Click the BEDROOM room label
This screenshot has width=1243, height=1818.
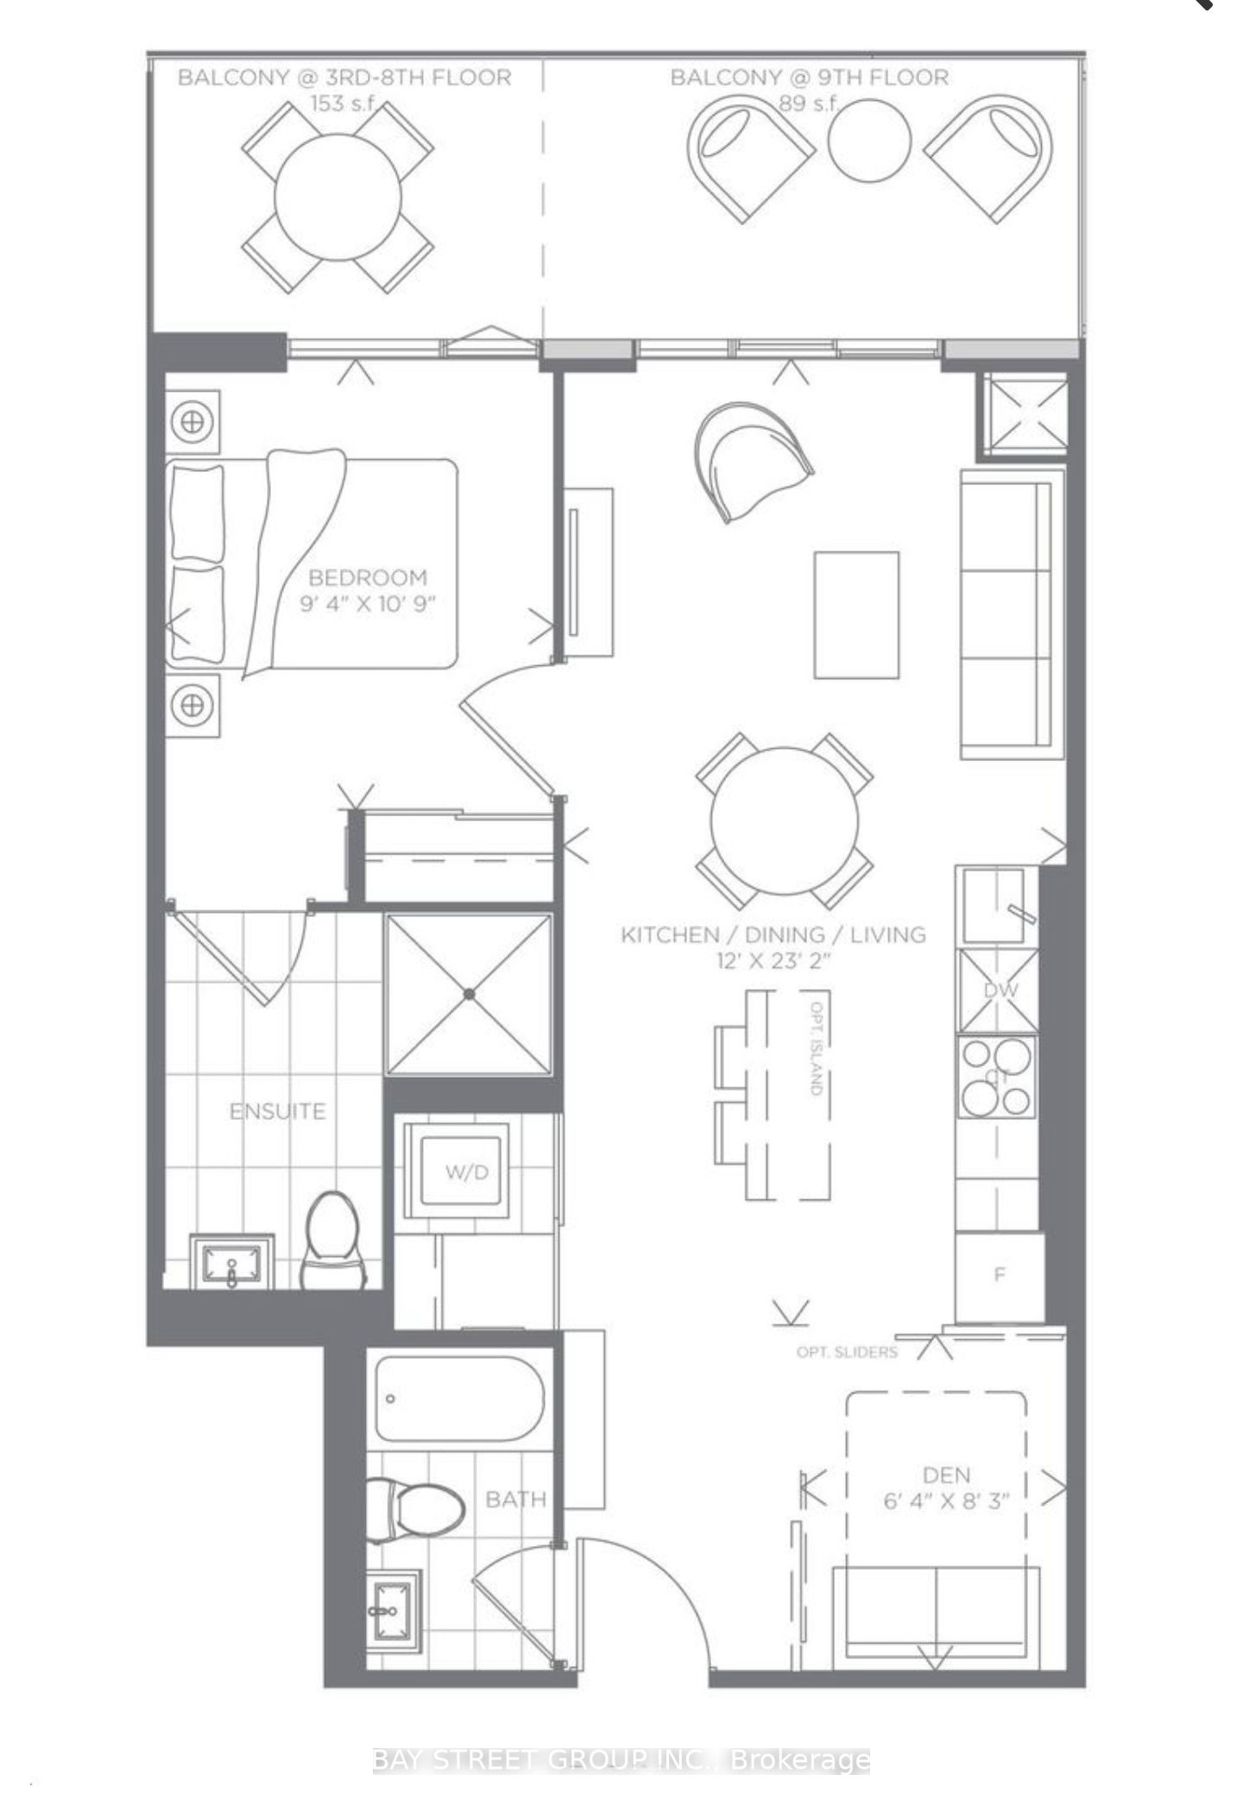point(368,577)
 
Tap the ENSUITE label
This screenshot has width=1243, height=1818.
point(277,1111)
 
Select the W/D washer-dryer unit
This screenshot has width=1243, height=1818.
point(467,1172)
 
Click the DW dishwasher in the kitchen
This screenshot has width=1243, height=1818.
point(1000,991)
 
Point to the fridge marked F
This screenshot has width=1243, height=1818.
point(1000,1274)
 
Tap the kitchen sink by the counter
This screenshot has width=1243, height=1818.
point(994,906)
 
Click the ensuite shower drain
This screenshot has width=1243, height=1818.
point(469,994)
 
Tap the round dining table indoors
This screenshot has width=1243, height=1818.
point(784,821)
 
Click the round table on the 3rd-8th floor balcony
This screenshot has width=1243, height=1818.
point(338,197)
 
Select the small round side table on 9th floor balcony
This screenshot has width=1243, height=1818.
point(869,140)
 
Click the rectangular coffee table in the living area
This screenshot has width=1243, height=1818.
point(856,615)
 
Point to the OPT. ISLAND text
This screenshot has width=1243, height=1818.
point(817,1047)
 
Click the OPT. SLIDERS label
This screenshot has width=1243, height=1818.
point(847,1352)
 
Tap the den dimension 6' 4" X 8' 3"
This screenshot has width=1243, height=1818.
point(946,1501)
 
